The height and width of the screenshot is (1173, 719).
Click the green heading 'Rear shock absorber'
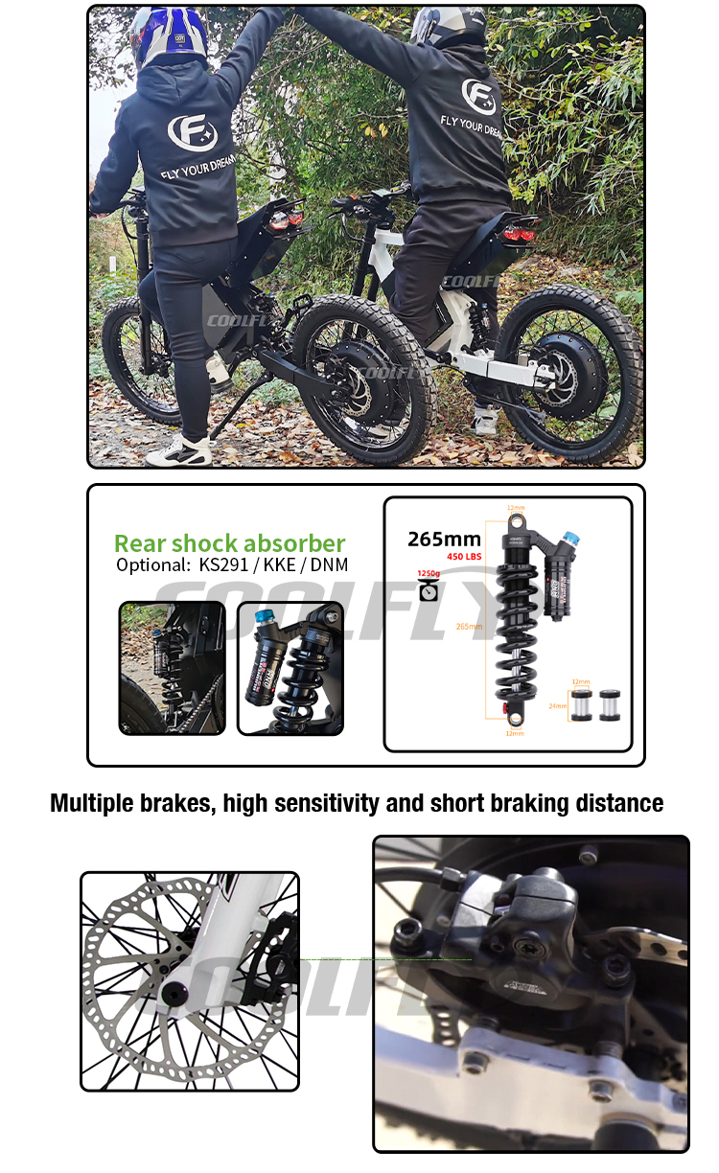(229, 543)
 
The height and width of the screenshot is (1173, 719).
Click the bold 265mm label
(444, 540)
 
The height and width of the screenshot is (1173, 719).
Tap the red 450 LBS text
(464, 557)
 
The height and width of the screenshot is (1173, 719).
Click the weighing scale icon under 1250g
(429, 591)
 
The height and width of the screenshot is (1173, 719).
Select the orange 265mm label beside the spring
(470, 626)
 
